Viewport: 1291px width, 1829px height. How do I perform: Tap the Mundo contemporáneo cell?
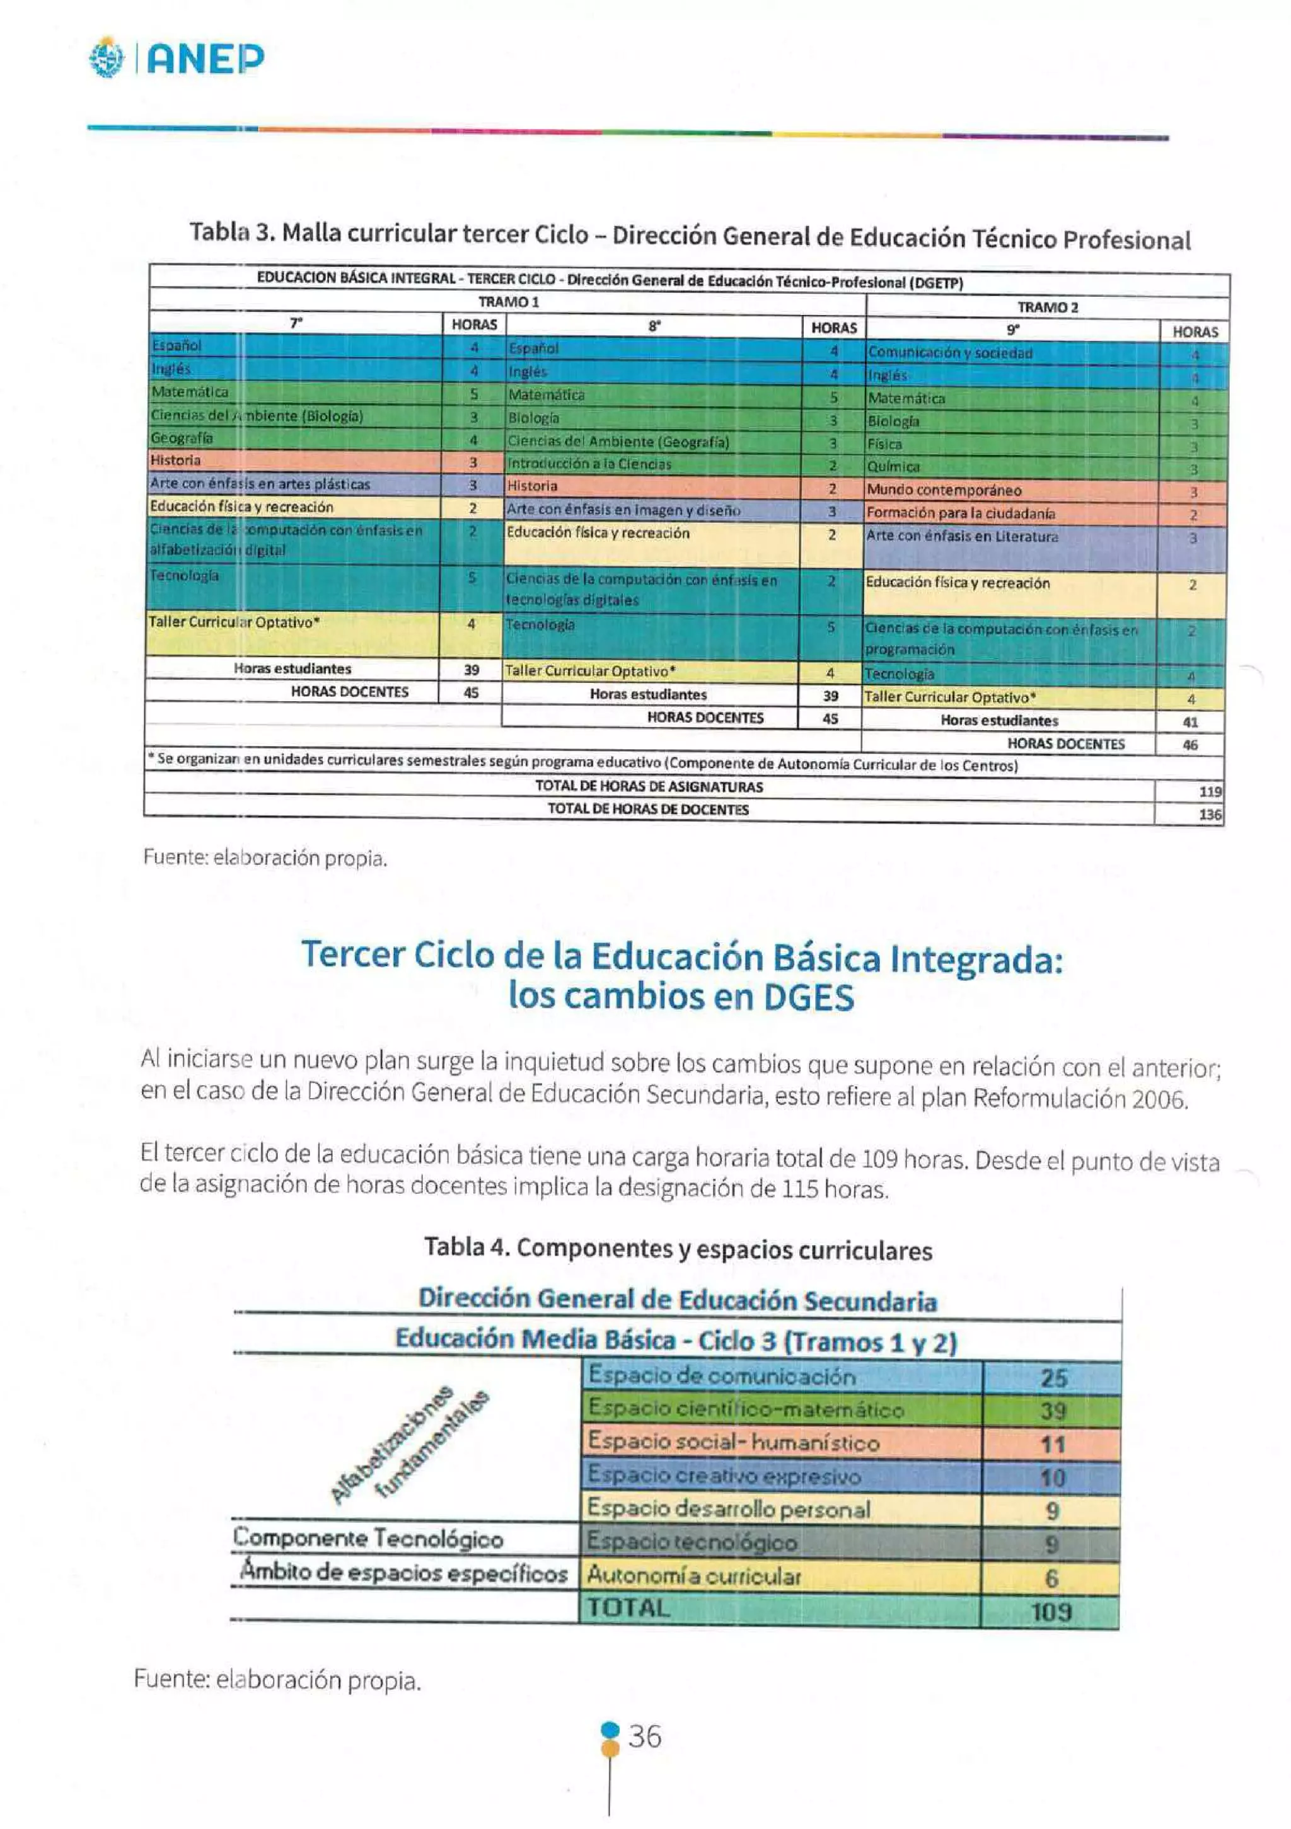click(x=944, y=490)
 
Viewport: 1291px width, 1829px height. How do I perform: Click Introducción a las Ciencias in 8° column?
click(x=590, y=464)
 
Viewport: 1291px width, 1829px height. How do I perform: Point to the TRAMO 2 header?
click(x=1047, y=307)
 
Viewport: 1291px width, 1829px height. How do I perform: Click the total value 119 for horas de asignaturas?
click(x=1210, y=792)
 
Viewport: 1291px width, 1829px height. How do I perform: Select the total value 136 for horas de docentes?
click(x=1210, y=814)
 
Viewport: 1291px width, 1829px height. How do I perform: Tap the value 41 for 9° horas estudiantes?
click(x=1190, y=723)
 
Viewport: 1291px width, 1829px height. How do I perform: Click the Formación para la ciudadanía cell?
click(x=960, y=513)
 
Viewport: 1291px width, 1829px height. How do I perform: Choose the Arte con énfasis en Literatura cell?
click(x=962, y=536)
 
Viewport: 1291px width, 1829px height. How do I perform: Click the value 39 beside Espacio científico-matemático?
click(x=1052, y=1411)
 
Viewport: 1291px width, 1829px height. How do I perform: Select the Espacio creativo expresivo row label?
click(x=724, y=1476)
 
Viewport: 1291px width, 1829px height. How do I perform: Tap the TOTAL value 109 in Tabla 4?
click(x=1051, y=1612)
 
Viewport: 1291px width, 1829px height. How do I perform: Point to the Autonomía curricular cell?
click(x=693, y=1576)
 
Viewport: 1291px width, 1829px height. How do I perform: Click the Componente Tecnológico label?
click(x=368, y=1539)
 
